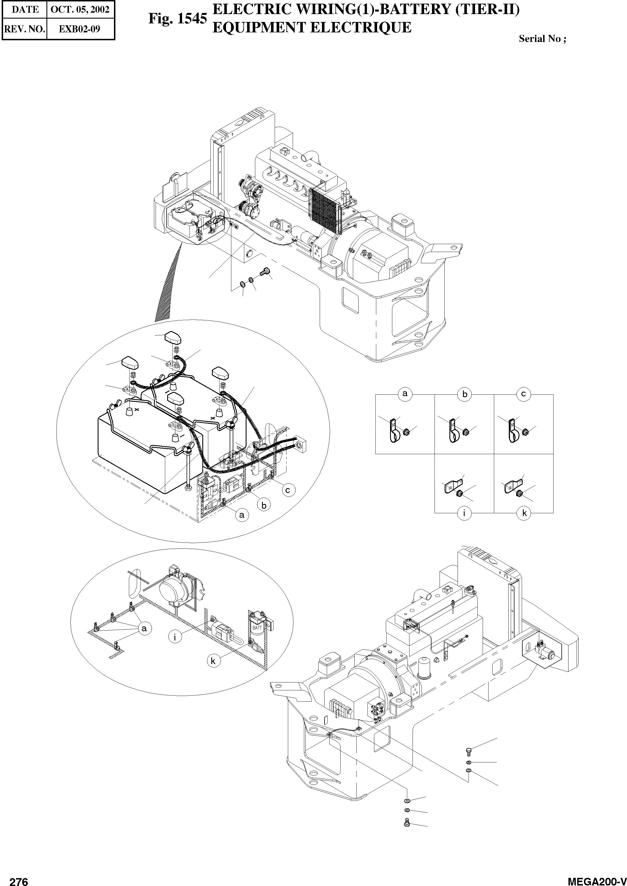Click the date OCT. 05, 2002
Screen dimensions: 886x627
pos(80,9)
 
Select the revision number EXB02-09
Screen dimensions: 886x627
pos(80,29)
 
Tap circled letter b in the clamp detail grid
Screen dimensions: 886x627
pos(464,394)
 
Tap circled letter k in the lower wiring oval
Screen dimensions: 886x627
pos(213,661)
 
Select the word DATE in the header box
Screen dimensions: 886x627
pos(25,9)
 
